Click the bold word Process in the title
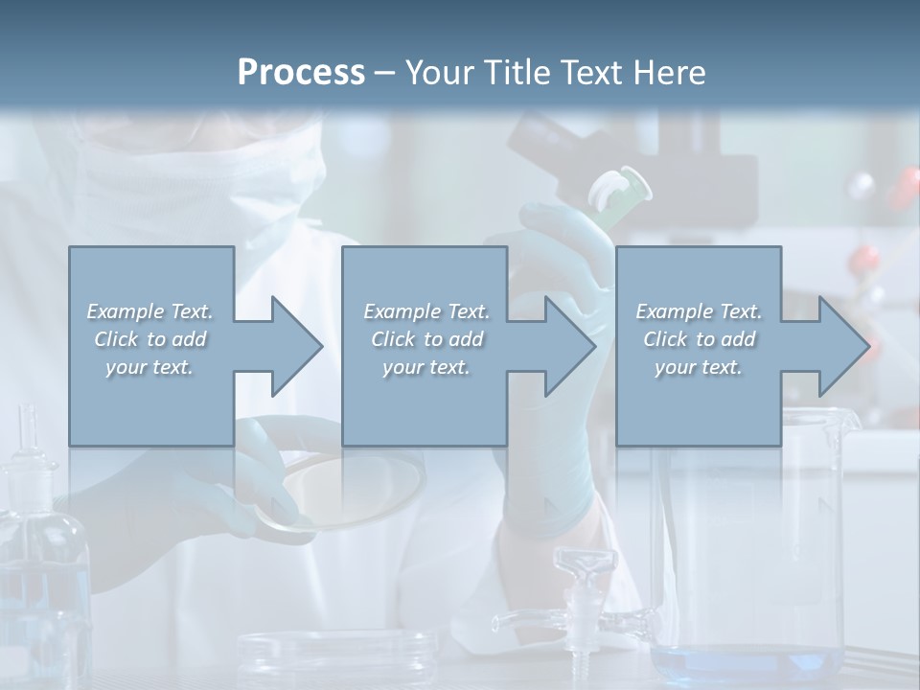[x=301, y=72]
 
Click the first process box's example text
[x=149, y=339]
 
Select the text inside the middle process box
[x=425, y=339]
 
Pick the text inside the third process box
[x=698, y=339]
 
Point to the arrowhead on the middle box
[x=569, y=346]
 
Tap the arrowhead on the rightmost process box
[x=843, y=346]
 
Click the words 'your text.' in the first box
[x=149, y=367]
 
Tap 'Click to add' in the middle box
[x=425, y=339]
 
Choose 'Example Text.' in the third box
[x=698, y=311]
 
